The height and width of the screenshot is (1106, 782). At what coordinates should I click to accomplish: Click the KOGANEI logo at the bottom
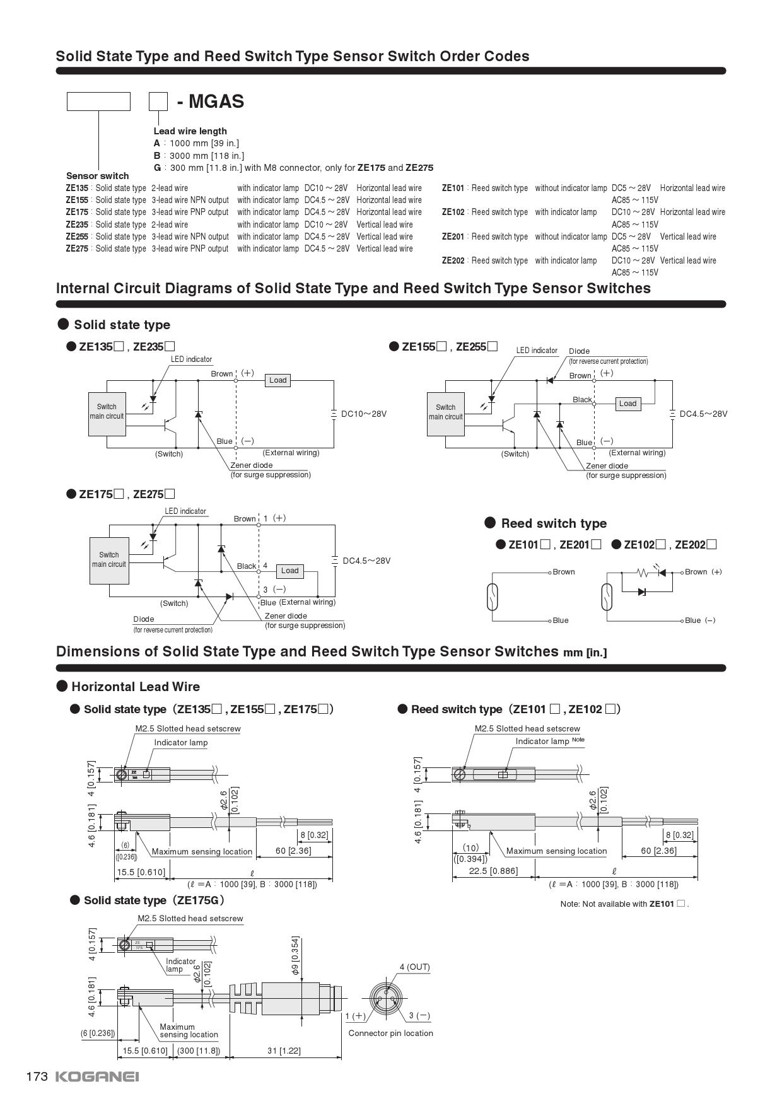97,1076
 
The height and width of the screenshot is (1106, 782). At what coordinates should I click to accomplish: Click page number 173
37,1076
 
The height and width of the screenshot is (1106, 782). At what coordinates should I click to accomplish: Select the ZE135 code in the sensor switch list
77,188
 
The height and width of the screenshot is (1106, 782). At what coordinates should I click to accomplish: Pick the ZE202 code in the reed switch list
453,260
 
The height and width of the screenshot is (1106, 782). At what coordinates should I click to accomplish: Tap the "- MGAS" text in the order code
210,102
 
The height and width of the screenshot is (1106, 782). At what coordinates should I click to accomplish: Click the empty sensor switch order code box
98,102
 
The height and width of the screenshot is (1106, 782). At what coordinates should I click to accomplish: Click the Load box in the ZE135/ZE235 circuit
277,380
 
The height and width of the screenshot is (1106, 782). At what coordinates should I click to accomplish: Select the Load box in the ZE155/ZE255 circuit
627,404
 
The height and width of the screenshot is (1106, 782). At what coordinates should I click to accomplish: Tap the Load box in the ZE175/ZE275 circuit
289,571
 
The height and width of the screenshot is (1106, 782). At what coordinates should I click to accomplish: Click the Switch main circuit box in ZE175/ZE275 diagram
109,560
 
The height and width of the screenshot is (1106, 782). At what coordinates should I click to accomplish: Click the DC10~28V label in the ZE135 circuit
363,414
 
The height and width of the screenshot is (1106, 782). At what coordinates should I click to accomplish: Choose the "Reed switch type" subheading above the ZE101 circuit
553,523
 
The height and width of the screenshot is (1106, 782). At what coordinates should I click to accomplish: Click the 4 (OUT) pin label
414,967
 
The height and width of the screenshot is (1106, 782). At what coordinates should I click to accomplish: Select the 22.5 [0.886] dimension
493,871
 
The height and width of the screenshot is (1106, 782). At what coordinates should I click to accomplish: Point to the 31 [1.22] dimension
284,1051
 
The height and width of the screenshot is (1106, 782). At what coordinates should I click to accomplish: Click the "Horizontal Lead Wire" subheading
135,687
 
